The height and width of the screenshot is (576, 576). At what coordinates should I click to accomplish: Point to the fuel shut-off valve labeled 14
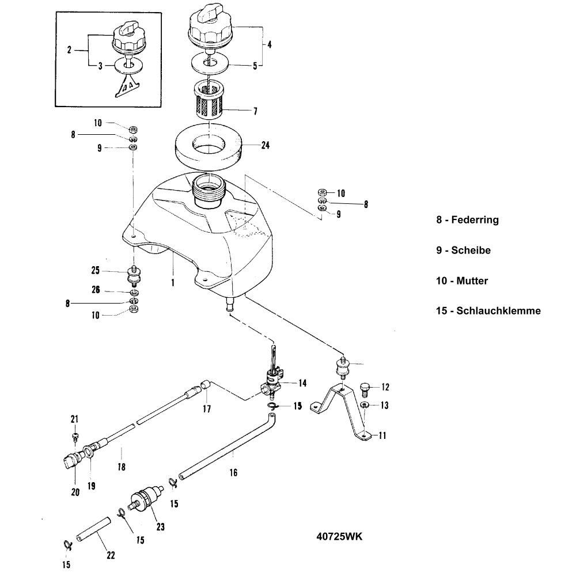coord(271,382)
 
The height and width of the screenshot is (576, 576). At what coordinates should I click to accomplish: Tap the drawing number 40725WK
coord(340,536)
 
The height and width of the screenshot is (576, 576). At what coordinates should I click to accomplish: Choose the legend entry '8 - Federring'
coord(467,219)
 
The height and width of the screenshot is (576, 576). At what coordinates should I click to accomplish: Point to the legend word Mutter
coord(472,281)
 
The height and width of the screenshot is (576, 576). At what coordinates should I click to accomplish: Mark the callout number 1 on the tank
coord(172,283)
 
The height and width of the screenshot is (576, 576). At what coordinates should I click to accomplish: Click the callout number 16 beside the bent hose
coord(233,472)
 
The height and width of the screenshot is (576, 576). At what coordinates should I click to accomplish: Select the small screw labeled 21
coord(75,435)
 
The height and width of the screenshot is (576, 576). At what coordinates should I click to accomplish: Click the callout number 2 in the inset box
coord(69,51)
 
